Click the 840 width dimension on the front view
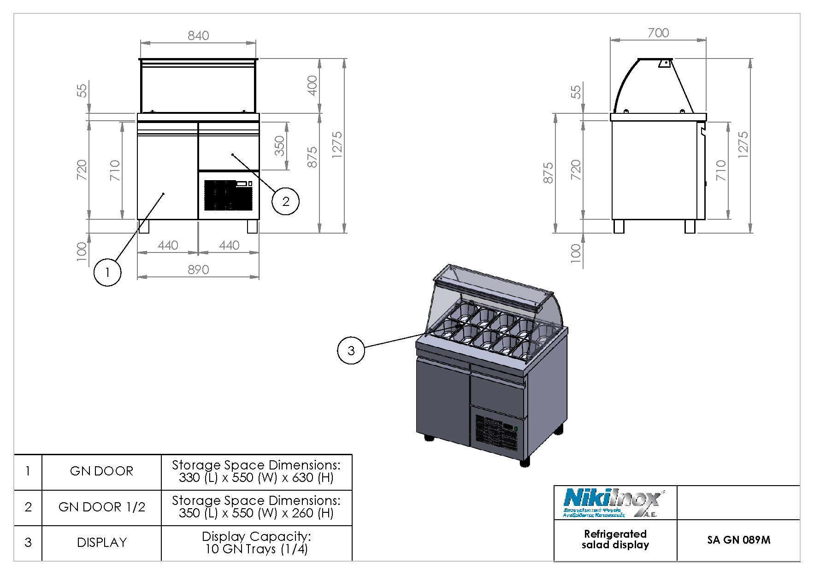198,35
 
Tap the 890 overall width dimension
198,270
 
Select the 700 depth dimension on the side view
658,33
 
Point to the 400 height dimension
312,85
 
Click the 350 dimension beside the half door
279,146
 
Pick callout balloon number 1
107,272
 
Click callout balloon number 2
285,201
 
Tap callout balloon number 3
351,351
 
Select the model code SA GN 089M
738,540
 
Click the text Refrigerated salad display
615,540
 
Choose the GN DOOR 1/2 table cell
101,507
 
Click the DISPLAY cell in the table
101,543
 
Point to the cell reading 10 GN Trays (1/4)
256,543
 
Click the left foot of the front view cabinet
144,226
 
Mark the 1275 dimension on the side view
743,145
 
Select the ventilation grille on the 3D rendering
495,433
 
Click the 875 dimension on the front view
312,157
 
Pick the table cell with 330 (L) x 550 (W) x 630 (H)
256,472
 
